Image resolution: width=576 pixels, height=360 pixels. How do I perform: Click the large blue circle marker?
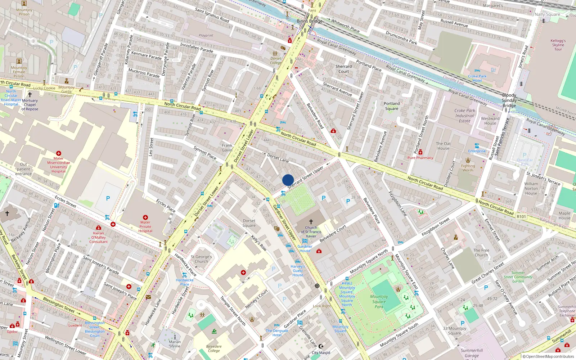point(288,180)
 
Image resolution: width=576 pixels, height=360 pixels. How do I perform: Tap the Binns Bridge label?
point(309,21)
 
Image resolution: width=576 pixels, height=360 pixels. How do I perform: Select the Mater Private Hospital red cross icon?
point(145,217)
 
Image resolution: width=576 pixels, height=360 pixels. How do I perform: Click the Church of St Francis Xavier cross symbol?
point(311,222)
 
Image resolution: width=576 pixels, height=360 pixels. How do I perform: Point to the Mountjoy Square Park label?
point(379,302)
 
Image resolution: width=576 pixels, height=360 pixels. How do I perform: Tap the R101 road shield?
point(521,217)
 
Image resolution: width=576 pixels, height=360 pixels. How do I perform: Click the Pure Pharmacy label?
point(420,158)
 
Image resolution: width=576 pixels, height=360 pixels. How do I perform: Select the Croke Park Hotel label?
point(477,78)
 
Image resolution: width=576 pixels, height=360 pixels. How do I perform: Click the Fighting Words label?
point(468,168)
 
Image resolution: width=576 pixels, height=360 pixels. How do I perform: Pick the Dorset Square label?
point(249,223)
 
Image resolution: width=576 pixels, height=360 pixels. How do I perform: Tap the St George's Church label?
point(201,259)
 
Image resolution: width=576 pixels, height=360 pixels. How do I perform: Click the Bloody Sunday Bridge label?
point(509,100)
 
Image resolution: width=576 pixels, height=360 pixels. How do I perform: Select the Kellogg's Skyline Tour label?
point(558,45)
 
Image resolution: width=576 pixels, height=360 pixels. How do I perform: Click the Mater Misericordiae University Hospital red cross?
point(59,153)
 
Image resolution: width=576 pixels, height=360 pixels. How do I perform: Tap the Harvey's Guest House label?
point(298,271)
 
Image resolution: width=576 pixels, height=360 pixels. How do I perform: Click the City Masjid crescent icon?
point(321,346)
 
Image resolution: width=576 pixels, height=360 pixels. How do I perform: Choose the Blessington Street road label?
point(59,305)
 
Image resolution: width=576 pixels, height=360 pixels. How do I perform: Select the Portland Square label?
point(392,106)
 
